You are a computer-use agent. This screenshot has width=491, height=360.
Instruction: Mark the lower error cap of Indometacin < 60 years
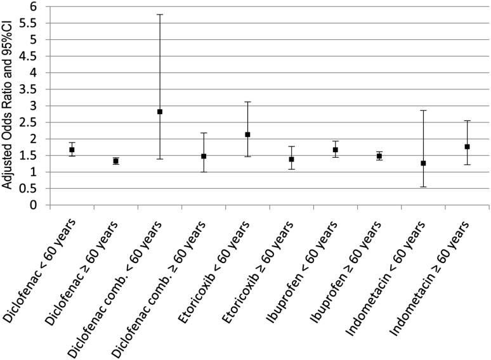click(x=423, y=187)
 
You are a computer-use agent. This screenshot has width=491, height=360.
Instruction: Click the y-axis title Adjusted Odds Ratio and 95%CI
click(x=9, y=105)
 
